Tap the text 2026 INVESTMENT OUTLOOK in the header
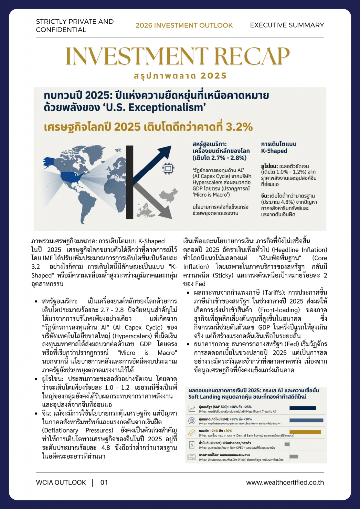[x=184, y=25]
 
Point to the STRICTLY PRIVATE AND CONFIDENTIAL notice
[x=75, y=26]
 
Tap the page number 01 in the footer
[x=104, y=482]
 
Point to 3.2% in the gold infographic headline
[x=236, y=126]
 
